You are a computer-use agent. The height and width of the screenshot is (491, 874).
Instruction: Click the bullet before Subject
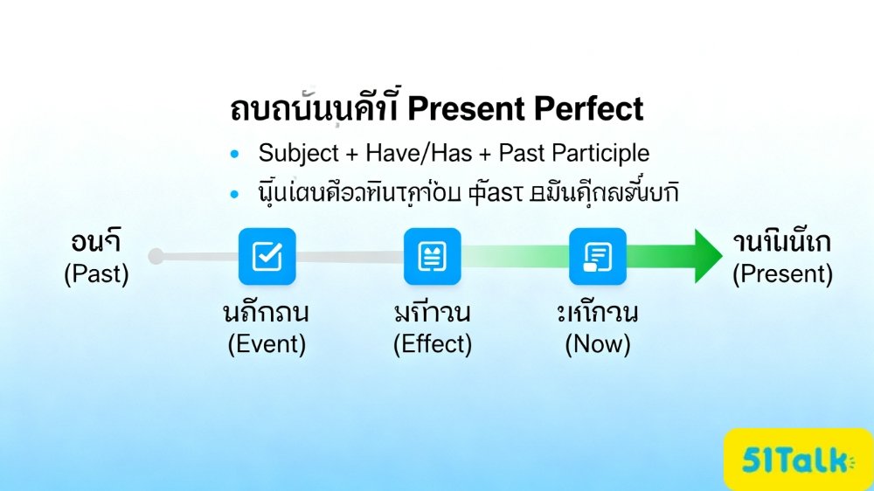coord(233,155)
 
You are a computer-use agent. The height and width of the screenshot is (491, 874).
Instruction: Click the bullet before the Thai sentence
coord(233,195)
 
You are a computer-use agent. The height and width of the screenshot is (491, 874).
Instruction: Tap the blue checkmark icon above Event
coord(267,256)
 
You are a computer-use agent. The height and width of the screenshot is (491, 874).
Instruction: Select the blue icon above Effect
coord(432,256)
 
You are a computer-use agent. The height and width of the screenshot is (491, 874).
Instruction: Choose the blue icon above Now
coord(597,256)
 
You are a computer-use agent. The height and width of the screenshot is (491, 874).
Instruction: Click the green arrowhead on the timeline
coord(708,256)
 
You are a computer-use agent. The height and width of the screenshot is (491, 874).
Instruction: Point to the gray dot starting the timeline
coord(156,256)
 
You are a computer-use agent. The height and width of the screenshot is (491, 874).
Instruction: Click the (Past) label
coord(96,274)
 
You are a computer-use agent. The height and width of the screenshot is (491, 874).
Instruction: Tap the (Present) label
coord(782,274)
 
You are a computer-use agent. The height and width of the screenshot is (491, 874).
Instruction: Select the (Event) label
coord(267,344)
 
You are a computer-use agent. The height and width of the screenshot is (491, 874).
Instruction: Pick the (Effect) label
coord(432,344)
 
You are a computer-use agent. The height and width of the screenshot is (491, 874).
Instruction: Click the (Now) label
coord(597,344)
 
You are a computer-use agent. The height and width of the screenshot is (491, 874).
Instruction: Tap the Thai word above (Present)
coord(782,244)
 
